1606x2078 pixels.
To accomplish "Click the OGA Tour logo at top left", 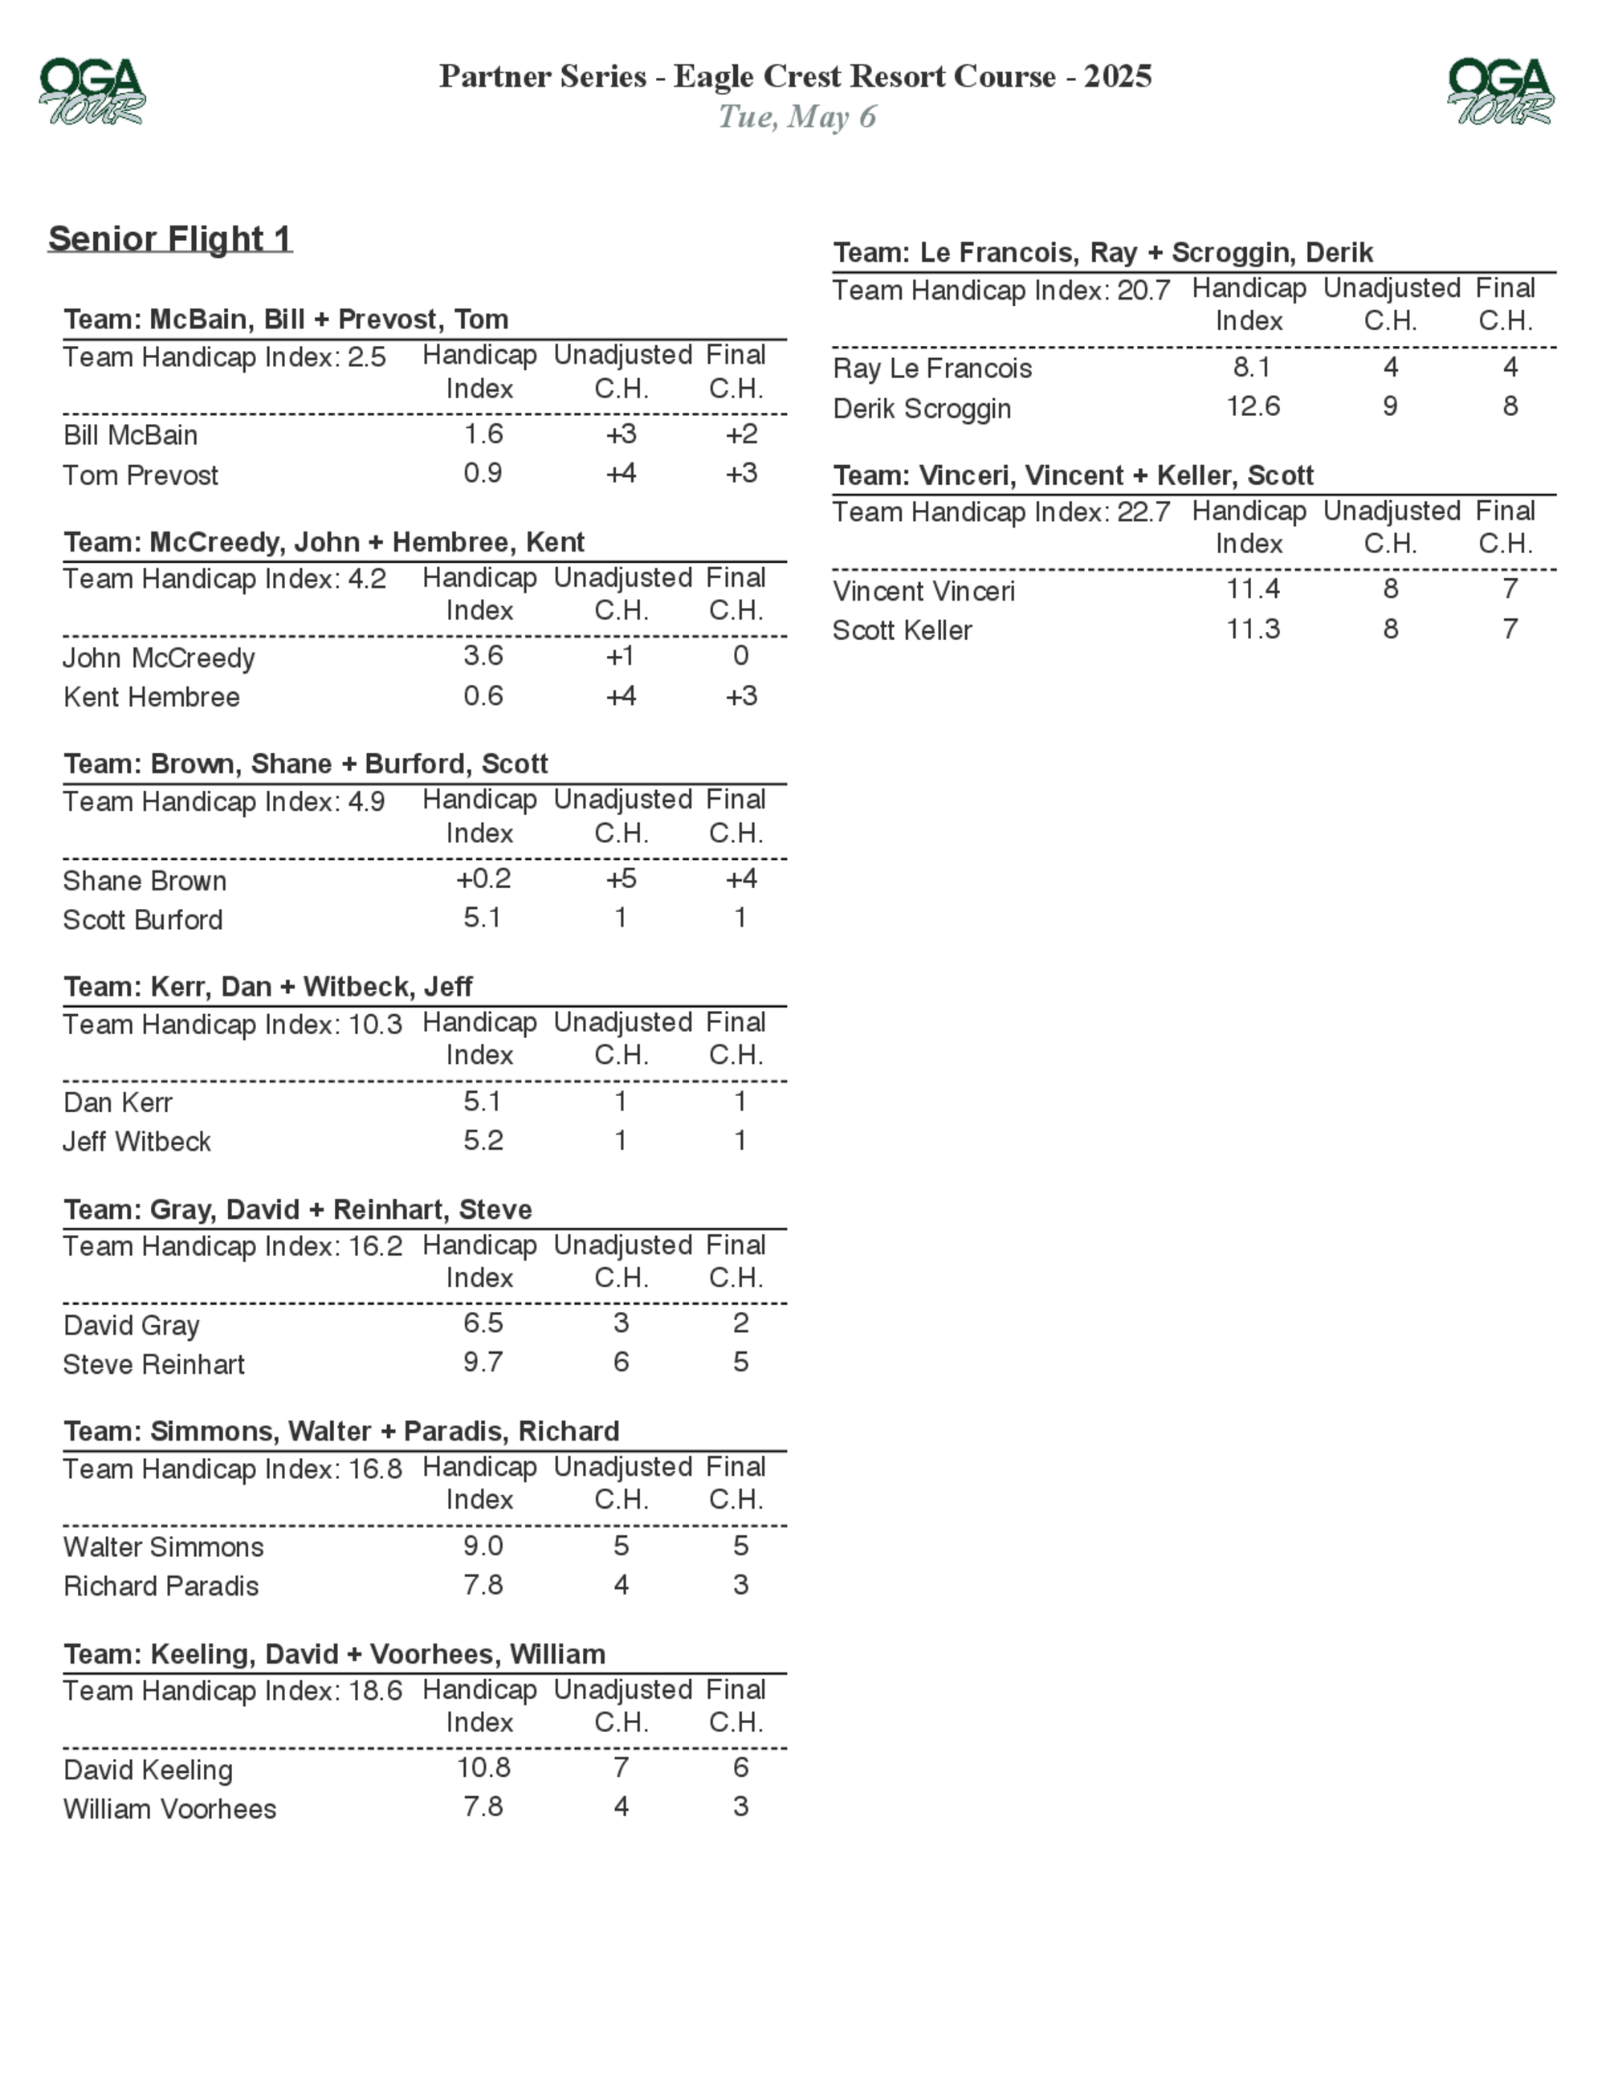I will point(92,92).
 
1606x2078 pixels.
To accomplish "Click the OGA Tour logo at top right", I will point(1500,92).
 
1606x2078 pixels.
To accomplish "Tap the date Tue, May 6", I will point(797,117).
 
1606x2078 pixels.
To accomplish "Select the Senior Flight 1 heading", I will point(170,238).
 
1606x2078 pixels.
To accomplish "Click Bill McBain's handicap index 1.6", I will point(483,435).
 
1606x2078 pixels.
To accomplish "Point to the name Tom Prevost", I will point(141,475).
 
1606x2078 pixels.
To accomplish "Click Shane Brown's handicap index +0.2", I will point(483,879).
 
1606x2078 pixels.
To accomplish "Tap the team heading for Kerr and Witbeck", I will point(268,987).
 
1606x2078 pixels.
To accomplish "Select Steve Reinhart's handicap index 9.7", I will point(483,1363).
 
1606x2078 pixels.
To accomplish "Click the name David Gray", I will point(132,1326).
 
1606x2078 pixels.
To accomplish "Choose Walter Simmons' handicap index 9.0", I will point(483,1546).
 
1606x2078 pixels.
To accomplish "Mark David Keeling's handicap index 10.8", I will point(483,1768).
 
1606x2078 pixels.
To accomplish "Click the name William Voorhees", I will point(169,1809).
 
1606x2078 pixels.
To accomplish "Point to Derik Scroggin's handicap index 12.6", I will point(1253,407).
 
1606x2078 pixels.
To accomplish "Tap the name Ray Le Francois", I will point(932,369).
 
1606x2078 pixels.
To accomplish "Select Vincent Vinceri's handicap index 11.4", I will point(1253,590).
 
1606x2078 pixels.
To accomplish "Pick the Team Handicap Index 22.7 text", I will point(1001,513).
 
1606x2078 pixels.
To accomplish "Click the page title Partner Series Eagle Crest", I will point(796,76).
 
